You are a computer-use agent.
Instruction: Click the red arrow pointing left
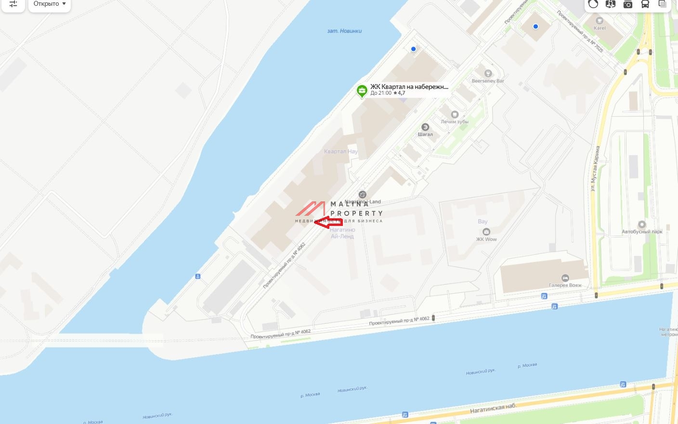[328, 222]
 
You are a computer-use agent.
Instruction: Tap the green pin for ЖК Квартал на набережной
[362, 90]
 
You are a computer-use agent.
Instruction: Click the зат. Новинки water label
[344, 31]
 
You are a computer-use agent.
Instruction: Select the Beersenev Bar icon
[488, 74]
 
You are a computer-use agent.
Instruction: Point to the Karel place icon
[600, 21]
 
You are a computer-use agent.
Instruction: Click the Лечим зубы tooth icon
[454, 114]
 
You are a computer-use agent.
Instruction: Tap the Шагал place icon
[425, 127]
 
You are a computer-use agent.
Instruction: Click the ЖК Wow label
[486, 239]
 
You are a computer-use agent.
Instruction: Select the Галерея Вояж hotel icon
[565, 278]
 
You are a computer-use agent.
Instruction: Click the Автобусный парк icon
[642, 224]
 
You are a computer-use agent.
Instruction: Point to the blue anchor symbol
[197, 276]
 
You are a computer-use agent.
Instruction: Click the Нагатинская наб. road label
[493, 409]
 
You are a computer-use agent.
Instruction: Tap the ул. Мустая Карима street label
[595, 169]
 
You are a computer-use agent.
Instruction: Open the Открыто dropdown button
[50, 4]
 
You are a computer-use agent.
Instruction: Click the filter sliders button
[13, 4]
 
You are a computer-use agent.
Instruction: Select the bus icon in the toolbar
[645, 4]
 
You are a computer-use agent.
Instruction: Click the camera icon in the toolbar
[628, 4]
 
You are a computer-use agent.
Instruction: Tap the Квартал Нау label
[341, 151]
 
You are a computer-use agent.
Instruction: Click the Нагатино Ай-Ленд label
[342, 233]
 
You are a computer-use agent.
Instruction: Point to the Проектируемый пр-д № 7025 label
[580, 32]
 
